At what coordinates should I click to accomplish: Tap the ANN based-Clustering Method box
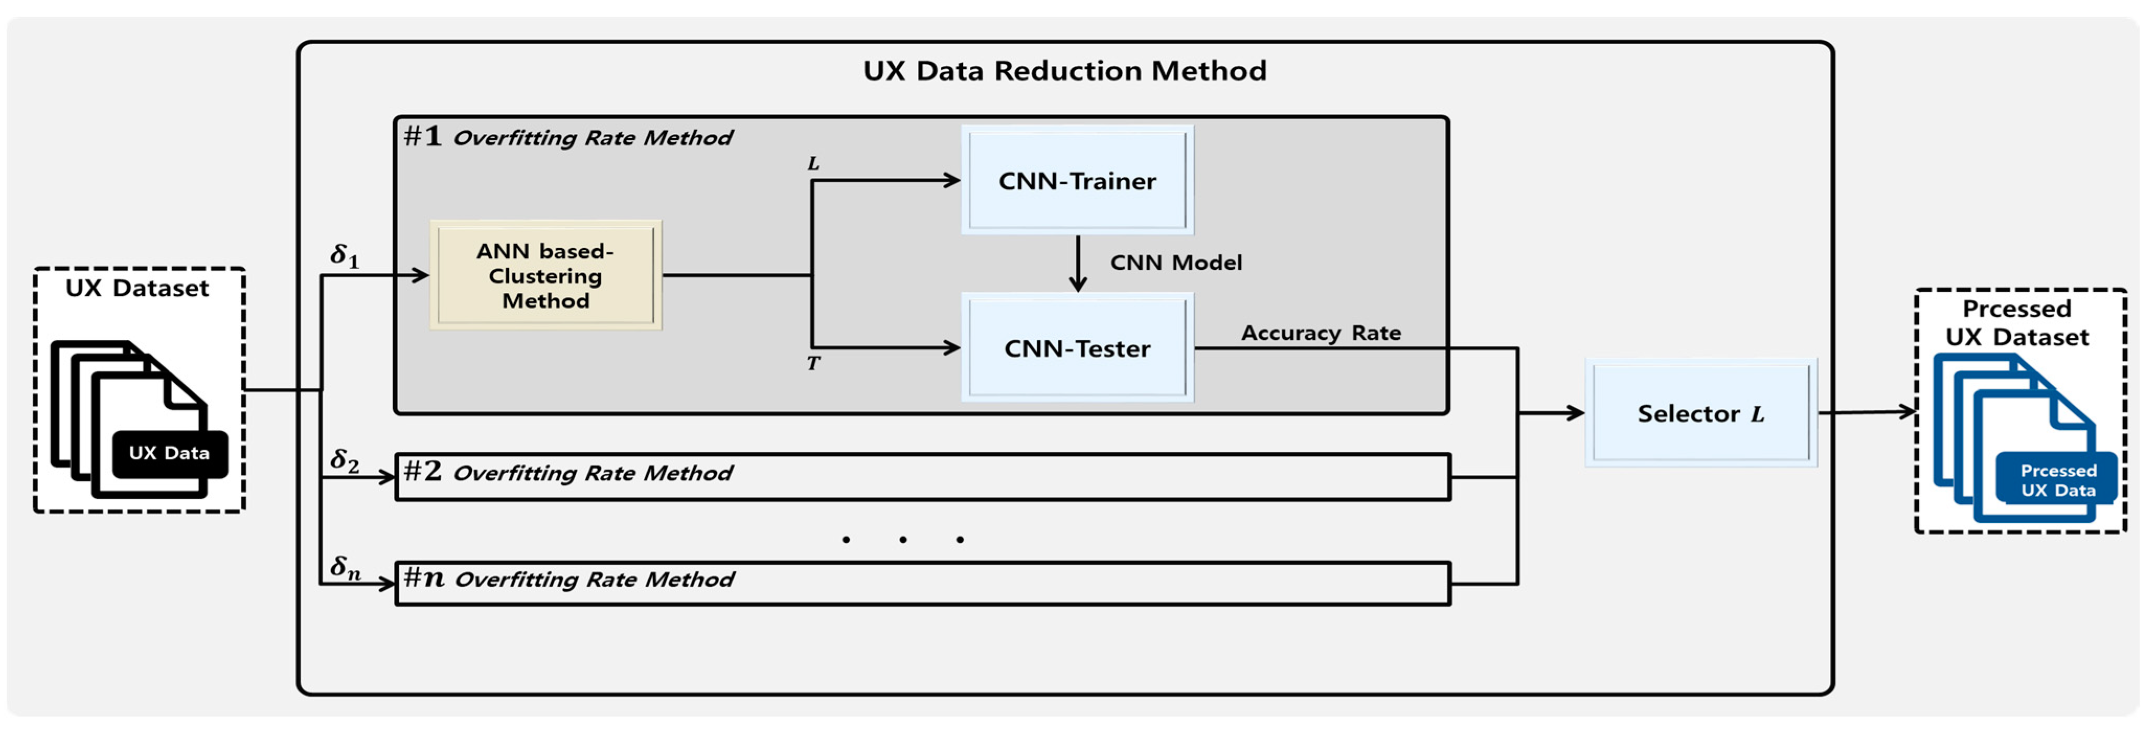(545, 276)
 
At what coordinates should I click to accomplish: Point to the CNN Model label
(1176, 262)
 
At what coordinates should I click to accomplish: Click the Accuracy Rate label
(1321, 333)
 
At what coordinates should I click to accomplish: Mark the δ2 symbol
(344, 461)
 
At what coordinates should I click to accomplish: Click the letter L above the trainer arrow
(813, 164)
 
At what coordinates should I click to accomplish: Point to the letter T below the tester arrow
(813, 363)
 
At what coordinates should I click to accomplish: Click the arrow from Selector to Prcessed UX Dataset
(1866, 412)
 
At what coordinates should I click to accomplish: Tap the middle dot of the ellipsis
(903, 540)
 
